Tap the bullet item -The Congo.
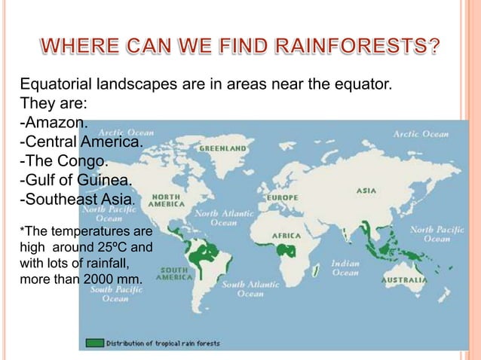[63, 161]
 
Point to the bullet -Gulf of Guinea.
[74, 181]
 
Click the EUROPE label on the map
[280, 197]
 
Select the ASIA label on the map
[366, 191]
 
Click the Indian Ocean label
[345, 268]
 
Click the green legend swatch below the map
[94, 343]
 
